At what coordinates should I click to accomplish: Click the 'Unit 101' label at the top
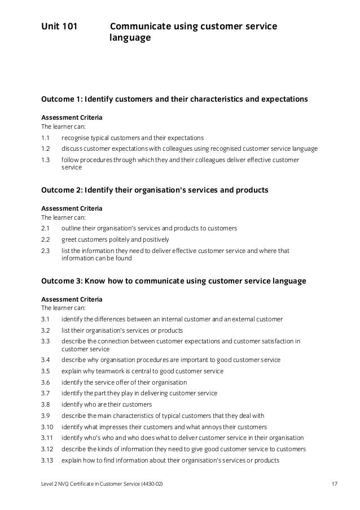click(x=59, y=27)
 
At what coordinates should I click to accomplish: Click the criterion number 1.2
click(x=46, y=149)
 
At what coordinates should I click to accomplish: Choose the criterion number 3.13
click(x=47, y=459)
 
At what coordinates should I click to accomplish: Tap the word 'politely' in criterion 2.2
click(x=121, y=239)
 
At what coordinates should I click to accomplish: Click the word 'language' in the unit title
click(x=130, y=39)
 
